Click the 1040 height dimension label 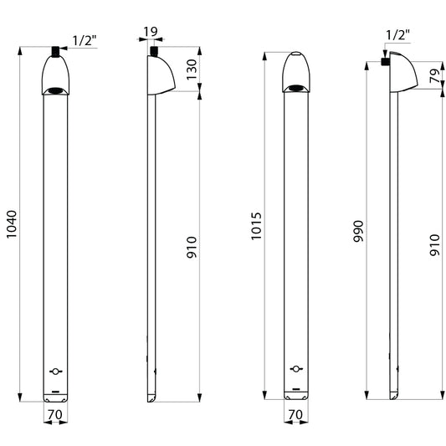tap(12, 224)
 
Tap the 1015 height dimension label tap(256, 226)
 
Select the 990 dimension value tap(358, 231)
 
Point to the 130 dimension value tap(192, 69)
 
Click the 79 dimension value tap(435, 76)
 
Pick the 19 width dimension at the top tap(151, 32)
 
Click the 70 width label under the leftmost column tap(55, 414)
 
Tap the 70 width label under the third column tap(296, 414)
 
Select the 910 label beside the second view tap(192, 247)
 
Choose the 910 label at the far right tap(435, 245)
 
